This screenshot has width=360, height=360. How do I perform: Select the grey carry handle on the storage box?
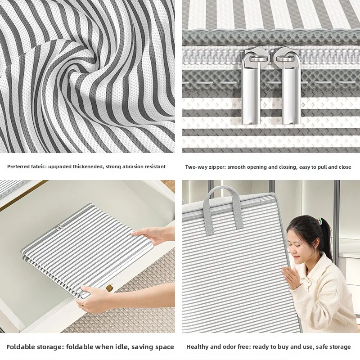[223, 207]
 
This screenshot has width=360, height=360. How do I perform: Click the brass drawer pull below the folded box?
[109, 288]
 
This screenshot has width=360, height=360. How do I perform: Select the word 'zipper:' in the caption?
[218, 167]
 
